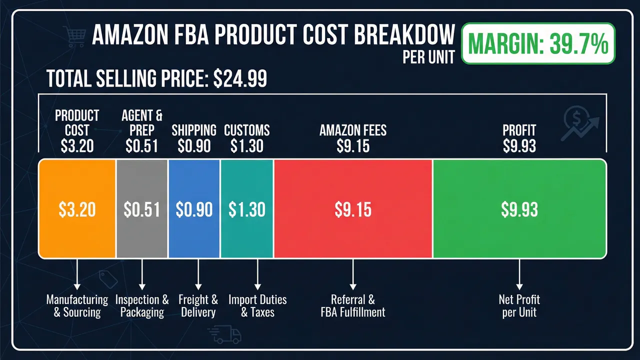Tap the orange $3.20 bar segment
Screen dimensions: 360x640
click(x=77, y=209)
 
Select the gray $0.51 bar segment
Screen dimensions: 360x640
click(x=142, y=209)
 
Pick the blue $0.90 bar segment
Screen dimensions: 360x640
click(x=194, y=209)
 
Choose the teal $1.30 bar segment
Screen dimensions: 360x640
click(x=247, y=209)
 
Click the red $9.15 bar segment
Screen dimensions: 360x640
click(x=353, y=209)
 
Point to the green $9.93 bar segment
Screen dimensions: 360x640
click(x=519, y=209)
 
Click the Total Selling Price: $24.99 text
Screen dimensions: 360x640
click(x=156, y=79)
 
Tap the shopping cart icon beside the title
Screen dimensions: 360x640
click(x=74, y=35)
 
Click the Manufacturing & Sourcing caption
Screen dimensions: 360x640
click(x=77, y=306)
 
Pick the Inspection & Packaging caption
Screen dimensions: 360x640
click(x=142, y=306)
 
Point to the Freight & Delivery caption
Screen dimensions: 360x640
click(x=198, y=306)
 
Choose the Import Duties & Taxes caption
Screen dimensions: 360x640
click(x=257, y=306)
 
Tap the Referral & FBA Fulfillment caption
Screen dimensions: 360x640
click(x=353, y=306)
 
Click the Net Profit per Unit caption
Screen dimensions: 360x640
click(x=519, y=306)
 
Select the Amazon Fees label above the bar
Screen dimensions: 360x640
click(x=353, y=131)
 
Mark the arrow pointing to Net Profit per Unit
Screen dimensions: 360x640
click(x=519, y=274)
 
